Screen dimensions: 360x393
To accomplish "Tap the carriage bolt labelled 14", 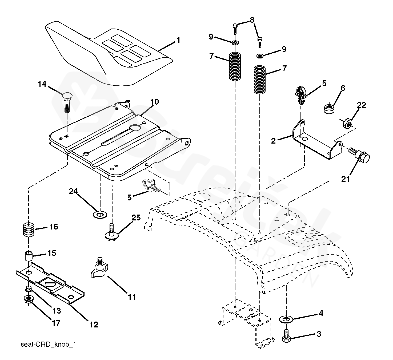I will click(x=67, y=101).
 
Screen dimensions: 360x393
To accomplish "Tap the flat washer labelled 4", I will click(x=286, y=319).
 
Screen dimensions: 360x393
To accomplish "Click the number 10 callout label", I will click(x=154, y=102).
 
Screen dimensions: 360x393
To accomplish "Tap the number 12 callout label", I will click(x=94, y=325).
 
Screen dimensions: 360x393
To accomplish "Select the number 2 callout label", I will click(x=273, y=141).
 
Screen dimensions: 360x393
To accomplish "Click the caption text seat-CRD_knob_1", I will click(x=48, y=345).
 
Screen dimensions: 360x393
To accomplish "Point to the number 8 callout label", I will click(x=252, y=20).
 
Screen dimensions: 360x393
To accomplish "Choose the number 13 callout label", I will click(x=57, y=311).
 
